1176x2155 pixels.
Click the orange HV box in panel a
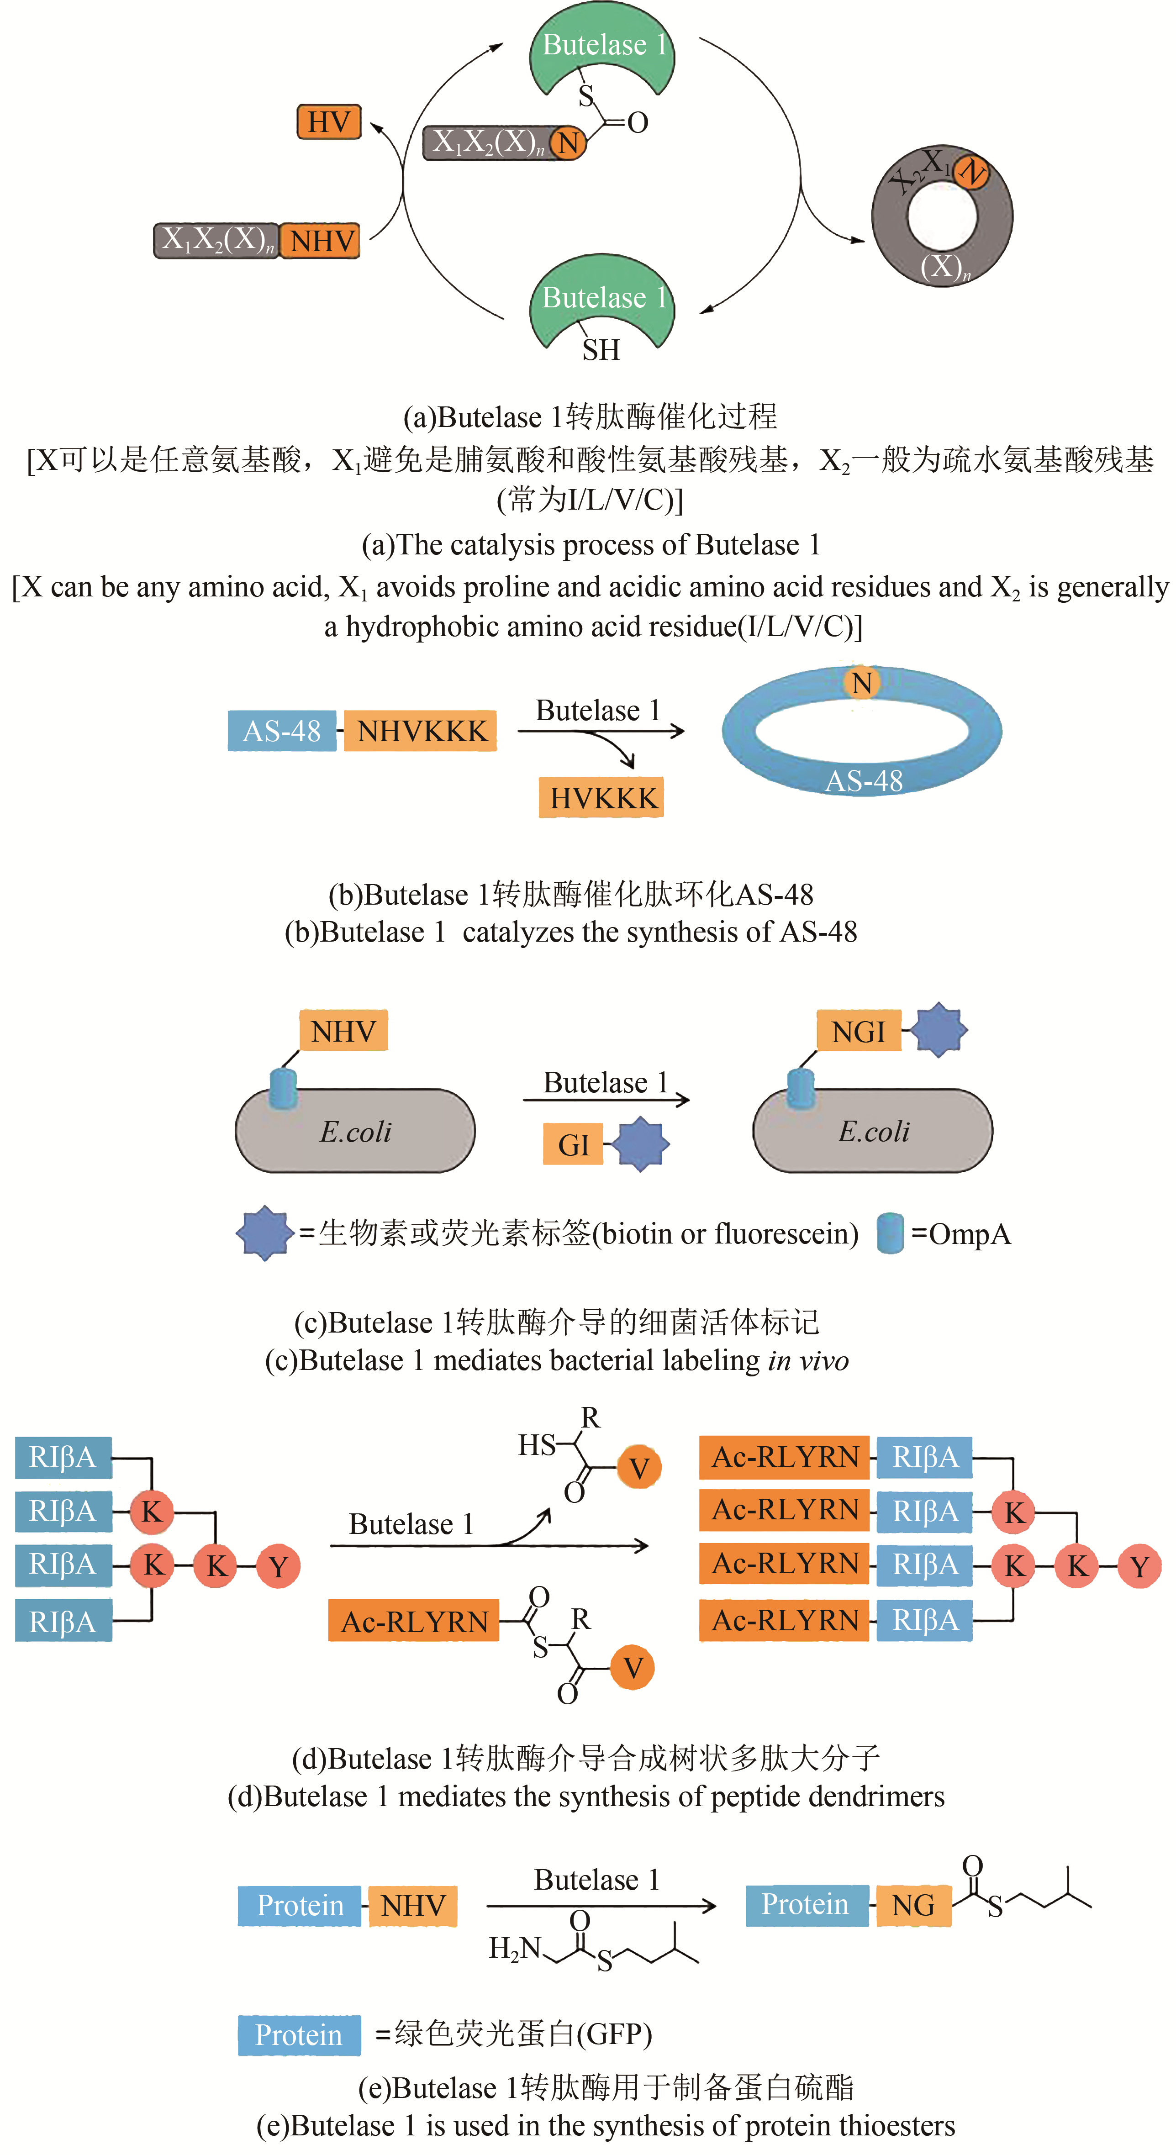coord(329,122)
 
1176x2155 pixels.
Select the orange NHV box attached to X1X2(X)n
coord(320,241)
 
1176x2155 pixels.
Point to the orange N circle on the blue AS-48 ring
coord(861,683)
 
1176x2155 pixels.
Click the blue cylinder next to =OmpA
coord(890,1233)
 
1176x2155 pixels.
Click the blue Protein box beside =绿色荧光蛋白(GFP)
coord(299,2034)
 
